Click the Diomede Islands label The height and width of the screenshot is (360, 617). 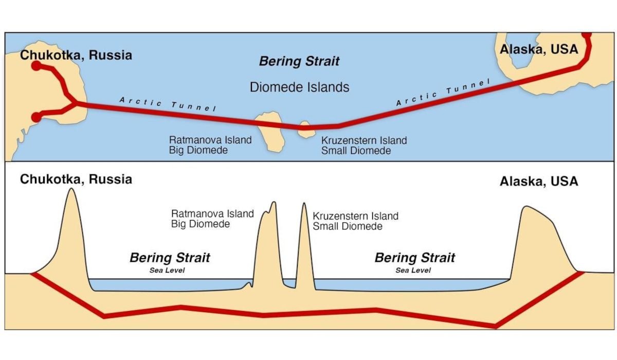[x=299, y=87]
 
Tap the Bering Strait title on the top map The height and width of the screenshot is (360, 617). [x=299, y=61]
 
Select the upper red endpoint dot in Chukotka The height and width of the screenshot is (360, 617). [x=36, y=66]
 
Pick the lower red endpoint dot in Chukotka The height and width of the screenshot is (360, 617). [x=36, y=117]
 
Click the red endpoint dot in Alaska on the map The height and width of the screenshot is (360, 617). [x=587, y=35]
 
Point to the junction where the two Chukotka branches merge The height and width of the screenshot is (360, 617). [x=76, y=103]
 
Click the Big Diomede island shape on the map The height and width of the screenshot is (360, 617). [x=270, y=131]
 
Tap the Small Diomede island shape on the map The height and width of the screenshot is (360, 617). [x=306, y=130]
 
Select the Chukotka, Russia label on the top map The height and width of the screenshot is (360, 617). [x=76, y=55]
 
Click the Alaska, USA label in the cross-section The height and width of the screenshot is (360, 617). [x=539, y=181]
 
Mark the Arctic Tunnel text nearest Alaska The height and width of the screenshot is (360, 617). [x=443, y=92]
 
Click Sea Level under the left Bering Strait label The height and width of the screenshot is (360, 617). [x=167, y=270]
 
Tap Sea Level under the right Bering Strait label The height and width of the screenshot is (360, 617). [x=413, y=270]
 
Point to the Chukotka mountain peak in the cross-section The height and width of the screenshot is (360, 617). [x=71, y=188]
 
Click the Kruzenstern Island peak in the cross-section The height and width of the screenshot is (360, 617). [x=304, y=203]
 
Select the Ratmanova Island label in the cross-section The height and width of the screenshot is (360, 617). [x=212, y=214]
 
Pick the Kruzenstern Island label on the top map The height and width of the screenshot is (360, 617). [x=364, y=140]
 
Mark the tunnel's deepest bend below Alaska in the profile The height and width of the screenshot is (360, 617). [x=496, y=327]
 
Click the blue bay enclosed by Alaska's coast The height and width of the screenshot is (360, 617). [x=521, y=51]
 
